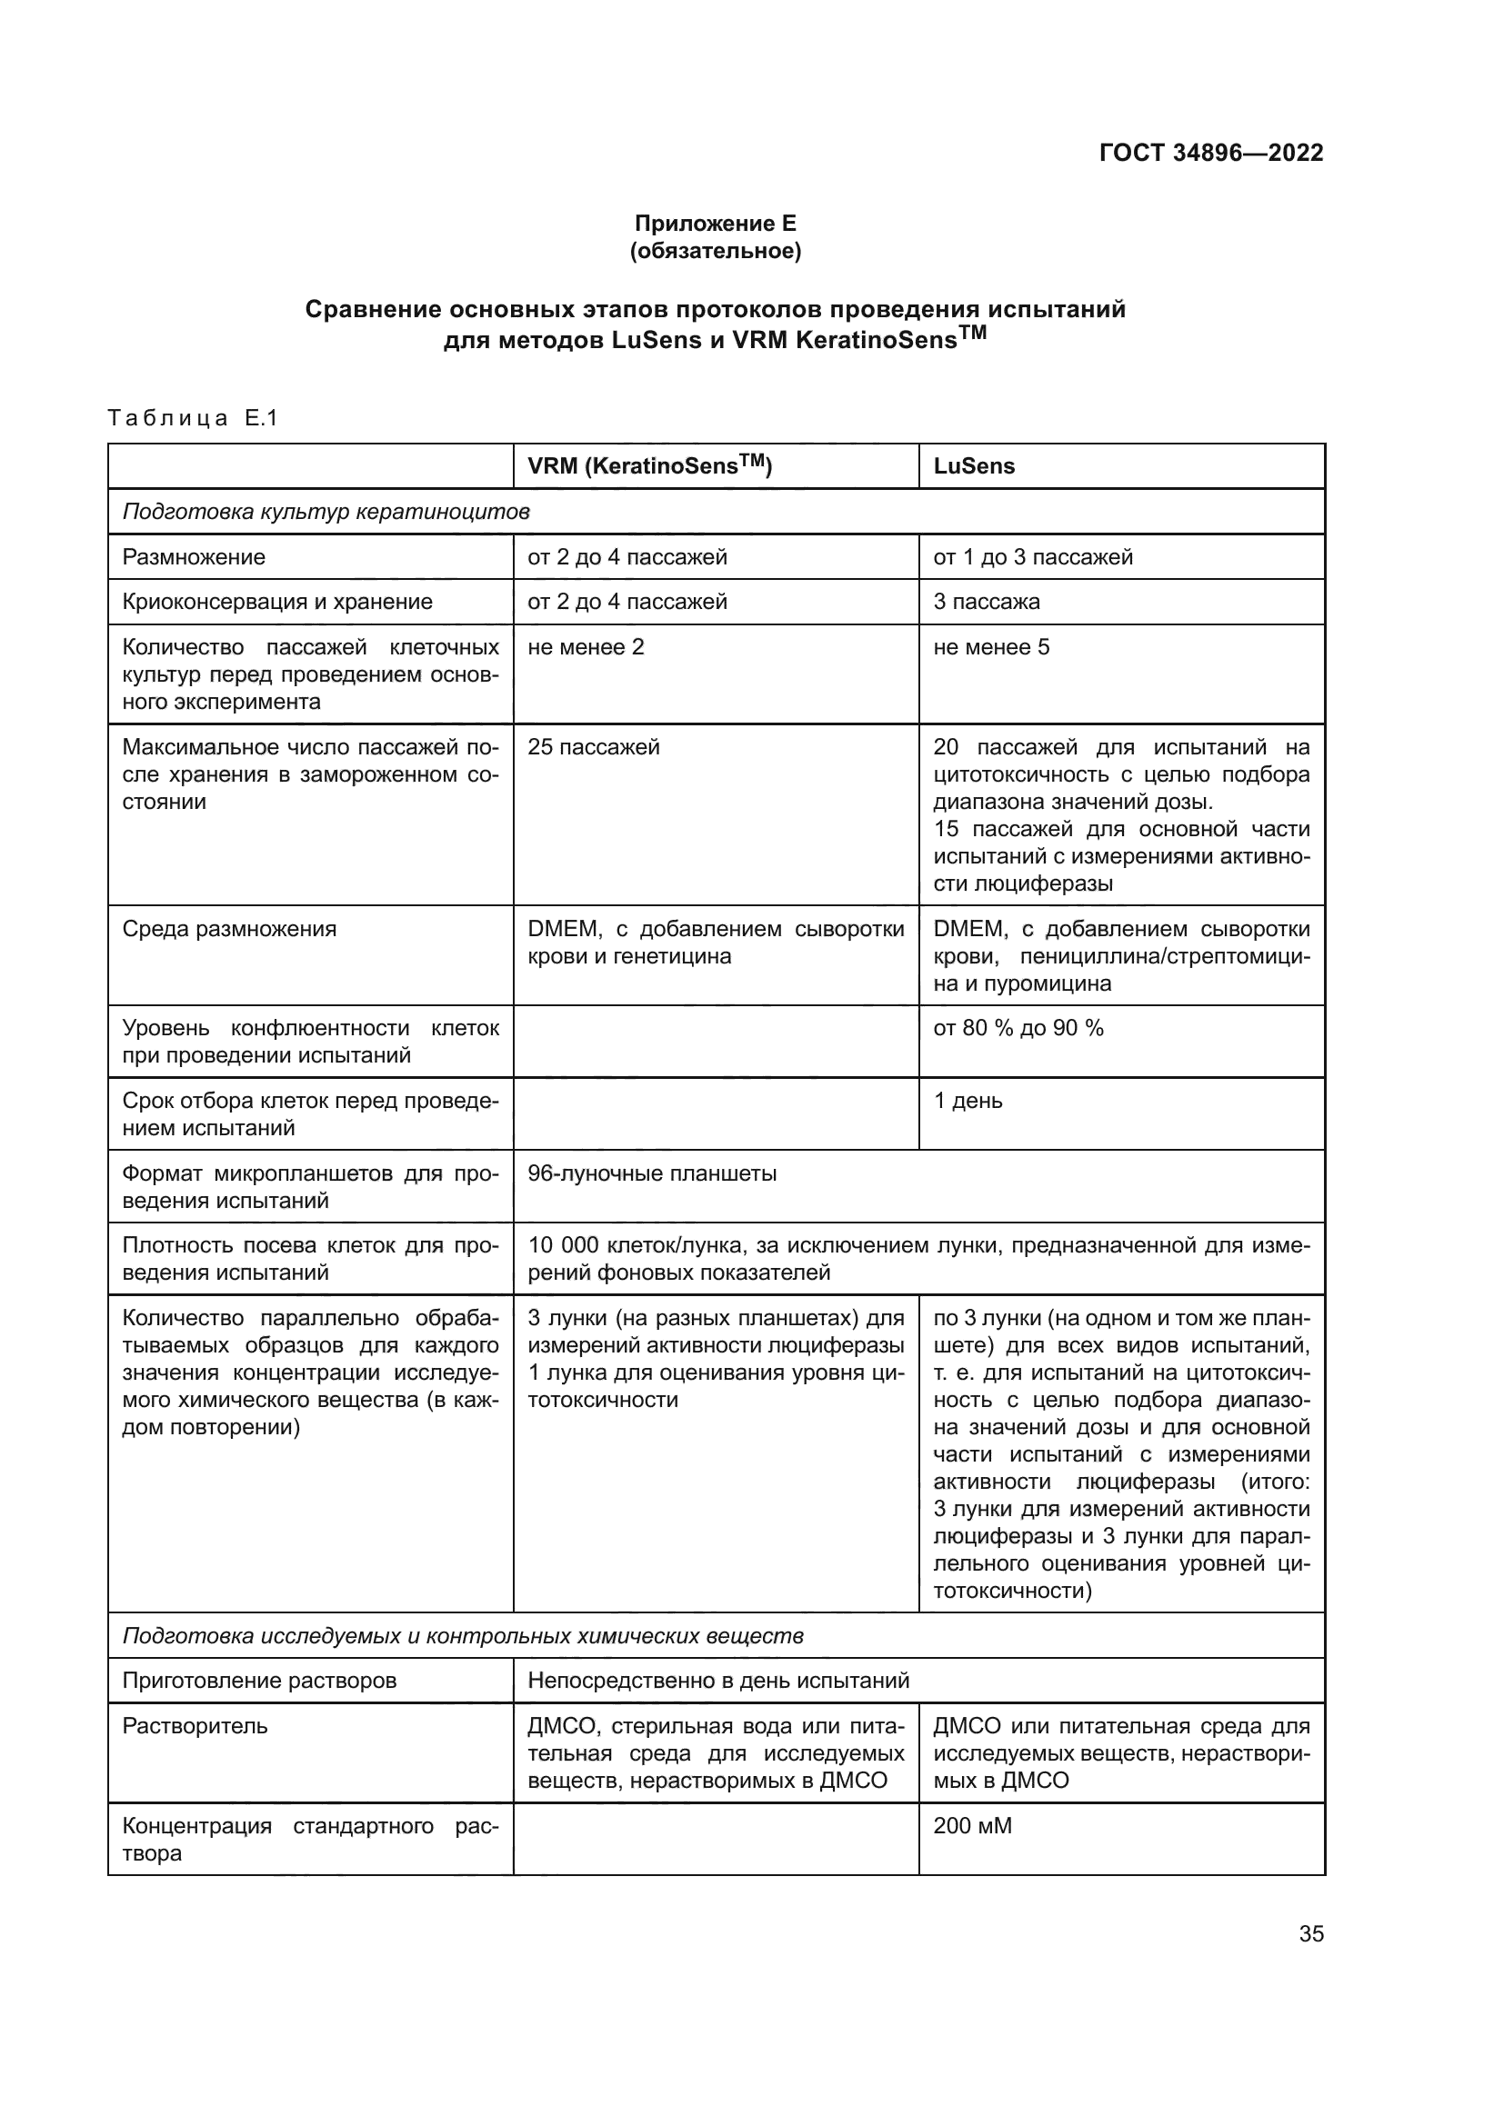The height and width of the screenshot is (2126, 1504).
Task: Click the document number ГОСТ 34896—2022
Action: pos(1210,153)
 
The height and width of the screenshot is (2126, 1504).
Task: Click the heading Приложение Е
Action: pos(715,224)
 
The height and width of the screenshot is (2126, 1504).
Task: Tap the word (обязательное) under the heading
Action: pos(715,251)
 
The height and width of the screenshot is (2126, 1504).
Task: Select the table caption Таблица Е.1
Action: pos(193,418)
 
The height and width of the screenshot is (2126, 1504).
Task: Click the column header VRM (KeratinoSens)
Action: pos(649,465)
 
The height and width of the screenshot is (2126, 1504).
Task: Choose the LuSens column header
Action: pos(973,466)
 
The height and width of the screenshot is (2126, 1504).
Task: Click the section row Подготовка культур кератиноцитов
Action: pos(326,512)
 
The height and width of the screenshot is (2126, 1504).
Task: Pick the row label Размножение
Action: pos(194,557)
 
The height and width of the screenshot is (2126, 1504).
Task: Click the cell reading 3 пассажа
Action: pos(987,602)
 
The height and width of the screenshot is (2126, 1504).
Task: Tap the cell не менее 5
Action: pos(991,647)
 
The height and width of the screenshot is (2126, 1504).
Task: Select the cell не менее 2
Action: pos(586,647)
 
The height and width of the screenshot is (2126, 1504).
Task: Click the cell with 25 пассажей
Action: pos(594,747)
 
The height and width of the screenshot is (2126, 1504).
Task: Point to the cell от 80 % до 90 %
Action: pos(1018,1029)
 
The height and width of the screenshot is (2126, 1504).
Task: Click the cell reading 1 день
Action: pos(968,1101)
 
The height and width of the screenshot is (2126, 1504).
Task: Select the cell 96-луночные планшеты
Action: pos(652,1174)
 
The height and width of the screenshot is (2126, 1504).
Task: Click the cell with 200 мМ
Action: pos(972,1826)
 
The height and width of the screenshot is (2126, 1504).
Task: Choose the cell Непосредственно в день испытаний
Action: pos(718,1681)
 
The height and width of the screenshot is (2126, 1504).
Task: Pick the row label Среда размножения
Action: pos(230,929)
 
